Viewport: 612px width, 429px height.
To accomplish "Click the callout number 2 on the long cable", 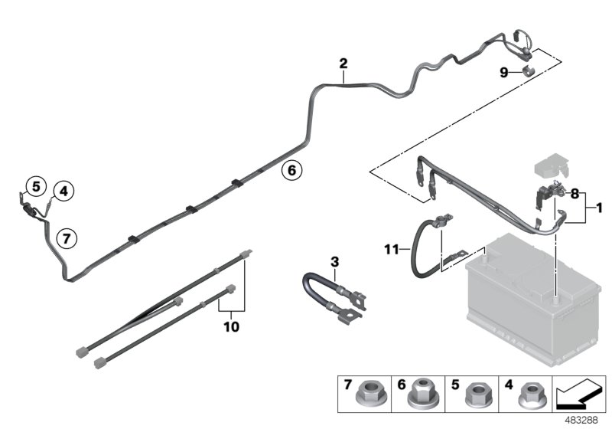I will coord(343,63).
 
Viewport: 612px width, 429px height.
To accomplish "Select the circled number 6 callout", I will coord(291,170).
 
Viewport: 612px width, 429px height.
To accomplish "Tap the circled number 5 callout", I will coord(34,185).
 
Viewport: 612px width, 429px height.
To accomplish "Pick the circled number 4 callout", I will coord(64,191).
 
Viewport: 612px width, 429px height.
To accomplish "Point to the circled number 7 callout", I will coord(67,238).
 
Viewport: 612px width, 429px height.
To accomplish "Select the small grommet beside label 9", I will coord(528,72).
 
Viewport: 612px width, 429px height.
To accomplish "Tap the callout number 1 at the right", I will coord(600,208).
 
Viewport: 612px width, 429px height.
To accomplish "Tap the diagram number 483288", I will coord(588,421).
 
